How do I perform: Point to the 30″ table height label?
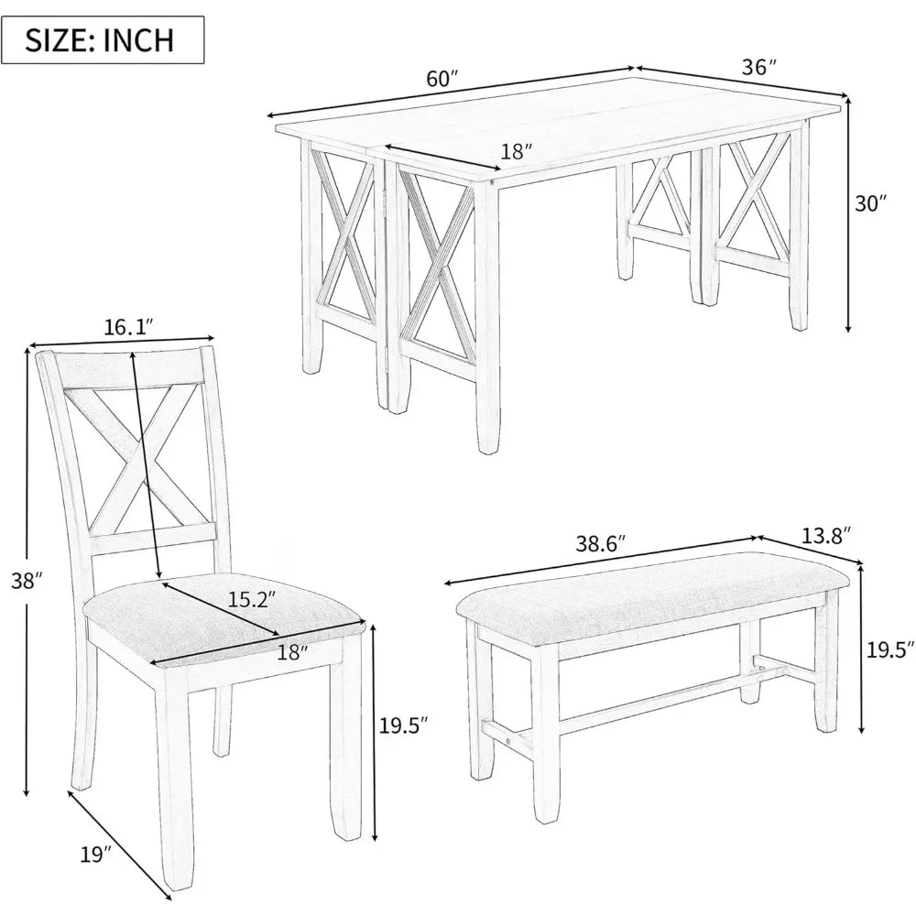(871, 204)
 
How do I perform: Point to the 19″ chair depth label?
(94, 855)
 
